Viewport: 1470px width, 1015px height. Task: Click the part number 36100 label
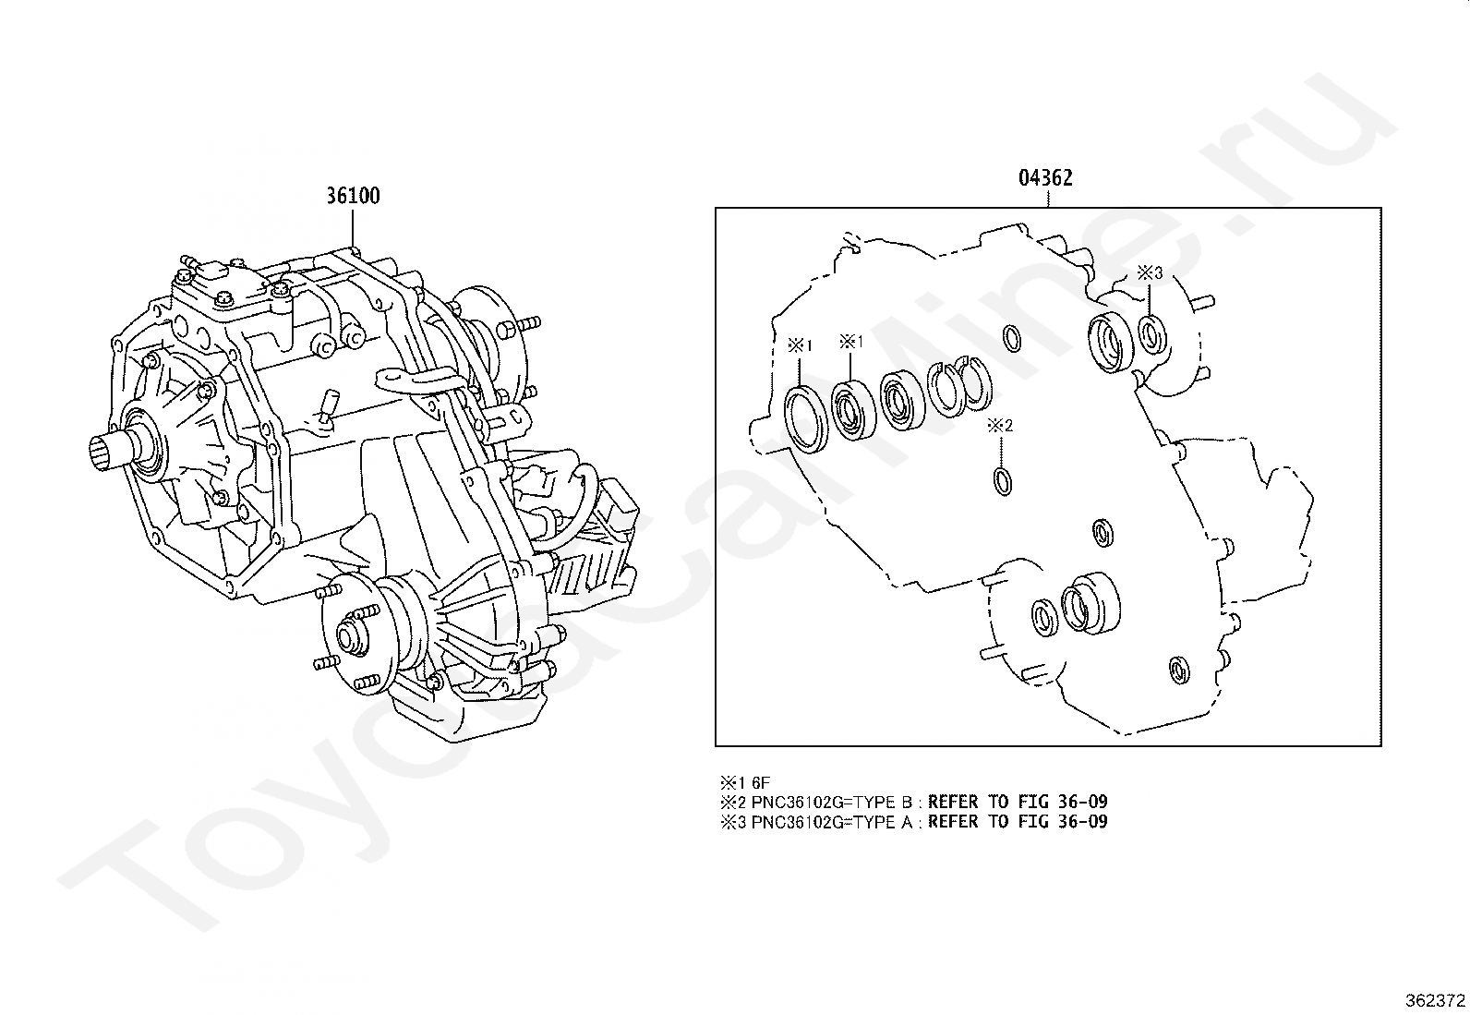(353, 196)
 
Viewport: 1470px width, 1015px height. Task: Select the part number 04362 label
(1045, 178)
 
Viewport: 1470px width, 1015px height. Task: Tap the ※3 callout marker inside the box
(1149, 272)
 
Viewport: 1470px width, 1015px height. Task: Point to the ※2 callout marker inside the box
(1000, 426)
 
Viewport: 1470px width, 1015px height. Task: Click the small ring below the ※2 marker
(1002, 481)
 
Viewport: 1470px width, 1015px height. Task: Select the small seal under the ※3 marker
(1151, 332)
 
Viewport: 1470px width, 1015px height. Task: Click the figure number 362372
(1434, 1000)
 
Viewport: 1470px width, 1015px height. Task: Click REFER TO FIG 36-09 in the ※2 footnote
(1018, 802)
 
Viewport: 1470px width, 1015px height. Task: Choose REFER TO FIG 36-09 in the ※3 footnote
(1018, 821)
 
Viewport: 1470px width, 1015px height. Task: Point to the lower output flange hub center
(349, 636)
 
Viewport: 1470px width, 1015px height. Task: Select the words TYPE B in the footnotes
(886, 802)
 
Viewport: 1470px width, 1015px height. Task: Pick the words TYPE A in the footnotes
(886, 821)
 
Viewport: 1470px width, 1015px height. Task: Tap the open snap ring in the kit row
(946, 387)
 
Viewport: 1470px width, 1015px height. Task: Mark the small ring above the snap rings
(1012, 339)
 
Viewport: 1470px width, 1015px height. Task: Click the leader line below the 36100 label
(353, 227)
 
